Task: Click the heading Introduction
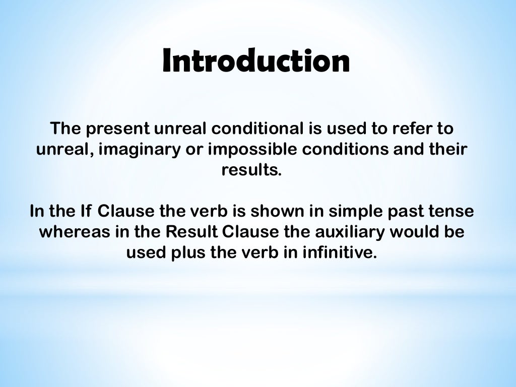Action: (256, 61)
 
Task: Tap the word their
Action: (447, 150)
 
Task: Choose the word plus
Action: (189, 252)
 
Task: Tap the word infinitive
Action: (339, 252)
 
